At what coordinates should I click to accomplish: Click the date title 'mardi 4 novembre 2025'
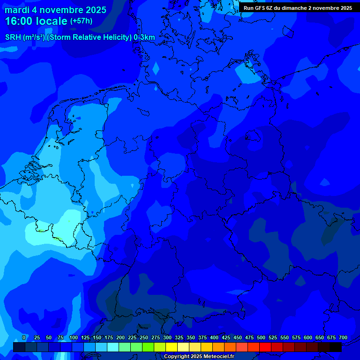pyautogui.click(x=56, y=10)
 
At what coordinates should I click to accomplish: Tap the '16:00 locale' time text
pyautogui.click(x=37, y=22)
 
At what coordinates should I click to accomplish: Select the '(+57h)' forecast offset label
pyautogui.click(x=81, y=21)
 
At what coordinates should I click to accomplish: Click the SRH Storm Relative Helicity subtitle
pyautogui.click(x=80, y=37)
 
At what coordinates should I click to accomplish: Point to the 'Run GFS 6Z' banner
pyautogui.click(x=298, y=8)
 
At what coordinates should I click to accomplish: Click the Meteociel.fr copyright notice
pyautogui.click(x=199, y=357)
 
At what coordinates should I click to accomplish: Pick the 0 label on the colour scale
pyautogui.click(x=24, y=337)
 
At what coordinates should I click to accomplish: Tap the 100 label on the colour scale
pyautogui.click(x=74, y=337)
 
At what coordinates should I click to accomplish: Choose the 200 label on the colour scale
pyautogui.click(x=120, y=337)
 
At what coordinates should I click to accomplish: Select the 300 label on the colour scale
pyautogui.click(x=167, y=337)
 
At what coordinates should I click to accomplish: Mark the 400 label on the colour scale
pyautogui.click(x=214, y=337)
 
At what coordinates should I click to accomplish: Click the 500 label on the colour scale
pyautogui.click(x=261, y=337)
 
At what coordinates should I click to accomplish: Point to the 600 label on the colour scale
pyautogui.click(x=308, y=337)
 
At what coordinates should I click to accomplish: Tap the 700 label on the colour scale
pyautogui.click(x=343, y=337)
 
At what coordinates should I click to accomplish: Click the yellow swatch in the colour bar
pyautogui.click(x=172, y=347)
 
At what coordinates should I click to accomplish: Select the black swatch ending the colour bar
pyautogui.click(x=336, y=347)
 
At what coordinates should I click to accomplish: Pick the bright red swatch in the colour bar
pyautogui.click(x=265, y=347)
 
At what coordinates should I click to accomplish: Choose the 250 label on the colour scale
pyautogui.click(x=144, y=337)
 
